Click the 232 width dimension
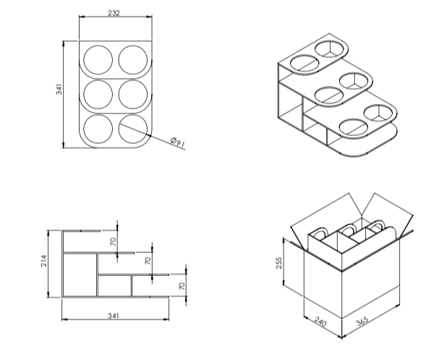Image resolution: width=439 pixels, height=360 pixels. coord(114,12)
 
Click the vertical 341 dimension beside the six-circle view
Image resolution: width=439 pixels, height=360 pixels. coord(59,90)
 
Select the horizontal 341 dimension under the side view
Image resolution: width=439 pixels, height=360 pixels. coord(114,317)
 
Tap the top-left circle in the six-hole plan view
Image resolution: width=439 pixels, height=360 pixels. coord(98,59)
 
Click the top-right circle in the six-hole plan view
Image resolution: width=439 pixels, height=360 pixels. coord(133,59)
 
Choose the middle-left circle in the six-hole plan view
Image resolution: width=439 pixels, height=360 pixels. coord(98,93)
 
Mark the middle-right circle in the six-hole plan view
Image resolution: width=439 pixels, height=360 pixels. coord(133,93)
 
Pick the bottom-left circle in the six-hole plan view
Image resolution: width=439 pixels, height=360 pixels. coord(98,128)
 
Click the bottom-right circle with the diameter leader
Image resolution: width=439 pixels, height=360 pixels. coord(133,128)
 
